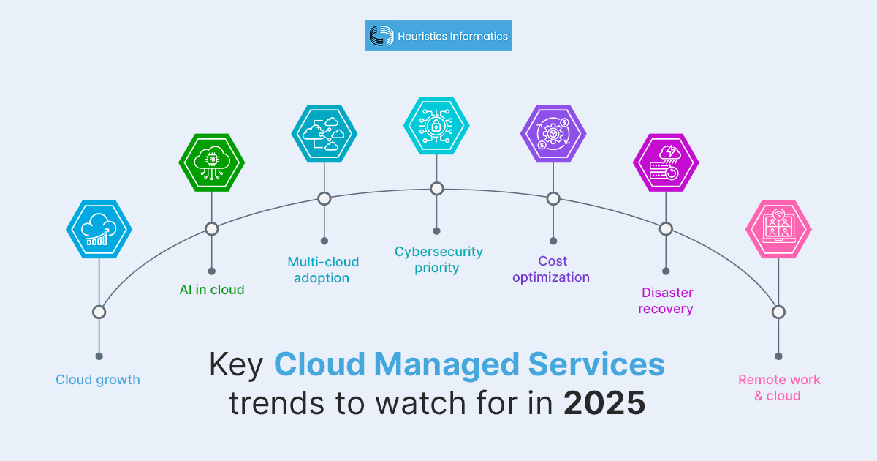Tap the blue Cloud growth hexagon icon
click(x=99, y=229)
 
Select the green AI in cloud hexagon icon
click(x=212, y=162)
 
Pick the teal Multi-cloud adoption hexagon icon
click(x=324, y=133)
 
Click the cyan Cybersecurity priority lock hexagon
click(x=436, y=126)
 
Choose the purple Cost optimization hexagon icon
click(x=553, y=133)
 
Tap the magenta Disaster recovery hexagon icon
click(x=666, y=162)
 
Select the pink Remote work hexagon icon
click(x=778, y=229)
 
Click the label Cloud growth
click(x=98, y=380)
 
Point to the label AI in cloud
click(x=212, y=290)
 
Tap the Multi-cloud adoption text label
click(x=323, y=270)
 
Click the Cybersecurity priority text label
click(x=438, y=260)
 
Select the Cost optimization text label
click(x=551, y=269)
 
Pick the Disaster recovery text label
click(x=666, y=301)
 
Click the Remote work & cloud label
click(x=778, y=388)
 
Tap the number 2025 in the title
click(x=604, y=403)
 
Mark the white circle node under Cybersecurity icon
click(x=436, y=189)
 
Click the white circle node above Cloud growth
click(x=99, y=312)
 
